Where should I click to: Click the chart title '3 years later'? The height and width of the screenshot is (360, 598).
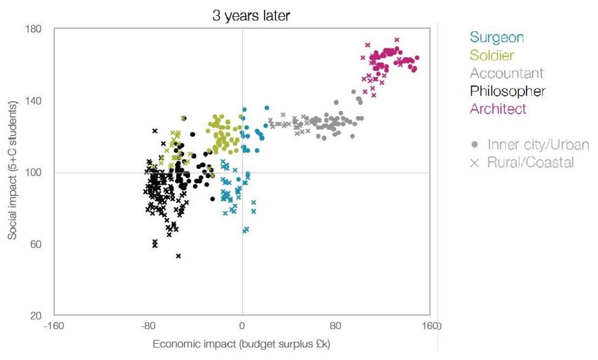tap(251, 16)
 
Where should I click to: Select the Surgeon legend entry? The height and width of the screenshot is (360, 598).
tap(497, 37)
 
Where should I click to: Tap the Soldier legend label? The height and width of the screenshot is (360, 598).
tap(492, 55)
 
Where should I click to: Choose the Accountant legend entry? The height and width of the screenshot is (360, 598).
tap(506, 73)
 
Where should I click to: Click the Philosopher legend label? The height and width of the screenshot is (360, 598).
tap(508, 91)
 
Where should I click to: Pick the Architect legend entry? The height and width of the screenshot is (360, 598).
tap(498, 109)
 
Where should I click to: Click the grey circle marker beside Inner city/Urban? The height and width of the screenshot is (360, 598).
tap(475, 145)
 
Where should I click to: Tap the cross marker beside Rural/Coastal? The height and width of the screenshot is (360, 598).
tap(475, 162)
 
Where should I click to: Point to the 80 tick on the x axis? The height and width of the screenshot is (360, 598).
tap(336, 326)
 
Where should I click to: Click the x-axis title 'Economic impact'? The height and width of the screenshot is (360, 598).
tap(242, 344)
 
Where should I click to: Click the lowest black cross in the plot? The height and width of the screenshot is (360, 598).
tap(178, 256)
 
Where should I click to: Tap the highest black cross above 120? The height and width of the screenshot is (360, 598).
tap(154, 130)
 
